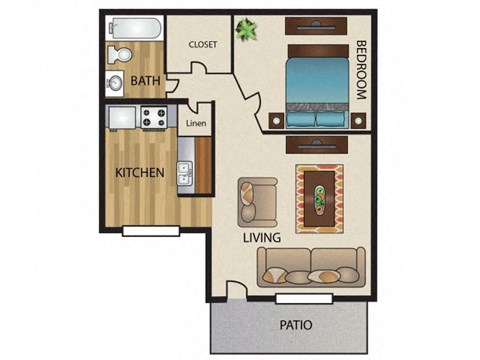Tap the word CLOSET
203,44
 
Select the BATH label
146,81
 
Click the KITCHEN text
140,173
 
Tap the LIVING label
261,238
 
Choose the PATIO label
295,325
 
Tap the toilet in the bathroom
118,53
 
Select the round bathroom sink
116,83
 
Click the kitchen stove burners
155,117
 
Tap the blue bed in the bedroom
314,88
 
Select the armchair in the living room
257,200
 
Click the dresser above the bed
313,24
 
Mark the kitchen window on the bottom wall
150,231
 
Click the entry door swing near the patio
234,291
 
